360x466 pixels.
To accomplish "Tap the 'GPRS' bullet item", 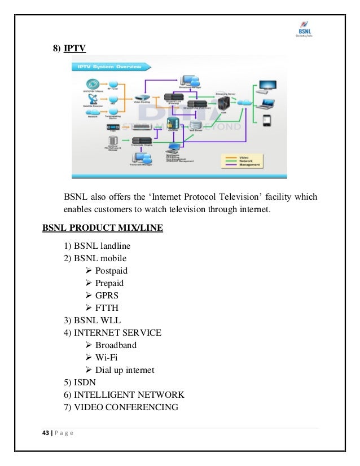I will click(x=107, y=295).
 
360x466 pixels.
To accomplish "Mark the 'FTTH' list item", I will click(x=107, y=307).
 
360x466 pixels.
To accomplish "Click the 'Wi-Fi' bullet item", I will click(x=107, y=357).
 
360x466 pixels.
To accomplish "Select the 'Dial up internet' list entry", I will click(x=125, y=370).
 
